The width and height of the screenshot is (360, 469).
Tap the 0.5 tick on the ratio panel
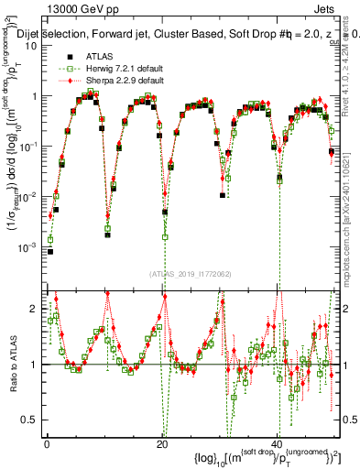pyautogui.click(x=34, y=420)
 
